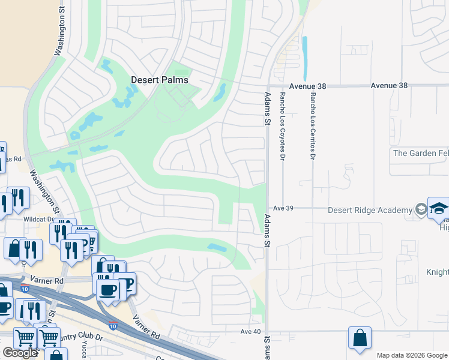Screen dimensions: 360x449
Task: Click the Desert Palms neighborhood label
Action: coord(160,80)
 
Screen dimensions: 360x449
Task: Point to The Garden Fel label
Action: coord(420,153)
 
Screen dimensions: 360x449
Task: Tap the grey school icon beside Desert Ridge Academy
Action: coord(421,210)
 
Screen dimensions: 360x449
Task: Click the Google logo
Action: coord(20,353)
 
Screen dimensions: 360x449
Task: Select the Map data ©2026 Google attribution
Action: coord(412,355)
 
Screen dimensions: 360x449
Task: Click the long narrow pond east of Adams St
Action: coord(305,58)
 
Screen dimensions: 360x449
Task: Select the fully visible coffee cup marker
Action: coord(108,290)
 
